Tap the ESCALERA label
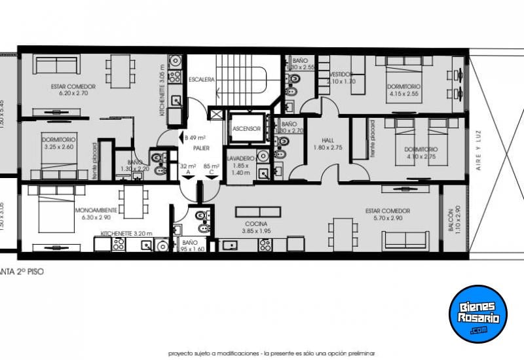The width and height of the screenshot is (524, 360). (201, 79)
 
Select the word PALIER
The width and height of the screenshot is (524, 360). (200, 148)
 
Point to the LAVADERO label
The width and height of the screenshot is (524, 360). (240, 158)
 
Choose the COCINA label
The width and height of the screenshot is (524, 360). (256, 223)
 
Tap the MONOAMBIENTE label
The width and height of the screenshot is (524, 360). (96, 210)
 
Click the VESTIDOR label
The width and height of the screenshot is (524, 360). (341, 74)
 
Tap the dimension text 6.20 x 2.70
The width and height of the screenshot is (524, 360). (73, 94)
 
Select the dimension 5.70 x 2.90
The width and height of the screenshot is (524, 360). (388, 218)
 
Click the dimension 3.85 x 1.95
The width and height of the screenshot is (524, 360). (256, 230)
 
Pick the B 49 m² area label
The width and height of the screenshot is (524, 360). (195, 138)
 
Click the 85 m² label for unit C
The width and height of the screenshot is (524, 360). (211, 166)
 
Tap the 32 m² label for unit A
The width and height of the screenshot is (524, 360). (188, 166)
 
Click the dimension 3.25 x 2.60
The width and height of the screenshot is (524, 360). (59, 147)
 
